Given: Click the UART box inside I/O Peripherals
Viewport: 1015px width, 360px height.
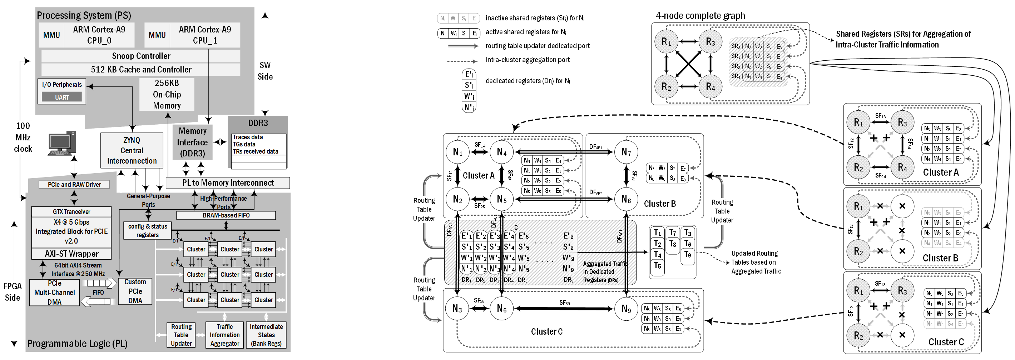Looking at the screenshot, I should [x=62, y=97].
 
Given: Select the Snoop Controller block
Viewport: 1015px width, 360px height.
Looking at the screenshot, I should [x=141, y=56].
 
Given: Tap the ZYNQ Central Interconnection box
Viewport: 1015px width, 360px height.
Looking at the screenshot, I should [x=132, y=150].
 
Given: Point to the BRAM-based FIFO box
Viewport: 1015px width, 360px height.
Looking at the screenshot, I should [x=226, y=215].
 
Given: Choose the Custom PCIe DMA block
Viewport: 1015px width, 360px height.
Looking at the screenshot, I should [x=135, y=291].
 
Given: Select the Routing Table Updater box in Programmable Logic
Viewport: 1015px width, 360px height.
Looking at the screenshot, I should [x=181, y=335].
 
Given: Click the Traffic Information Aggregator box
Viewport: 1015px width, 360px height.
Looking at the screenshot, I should [x=224, y=335].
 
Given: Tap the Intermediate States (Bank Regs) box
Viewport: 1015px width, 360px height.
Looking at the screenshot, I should [x=266, y=335].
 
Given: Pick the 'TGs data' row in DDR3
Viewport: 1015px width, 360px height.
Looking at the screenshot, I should [x=258, y=144].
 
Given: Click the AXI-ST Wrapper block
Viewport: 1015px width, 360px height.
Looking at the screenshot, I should [x=71, y=254].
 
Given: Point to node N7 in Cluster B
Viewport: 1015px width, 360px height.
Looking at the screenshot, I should [x=626, y=152].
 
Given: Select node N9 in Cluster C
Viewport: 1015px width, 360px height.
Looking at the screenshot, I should [x=626, y=309].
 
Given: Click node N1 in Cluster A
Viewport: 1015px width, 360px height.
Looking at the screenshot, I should [x=457, y=152].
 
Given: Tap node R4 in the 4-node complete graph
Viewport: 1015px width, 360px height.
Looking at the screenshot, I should [x=710, y=87].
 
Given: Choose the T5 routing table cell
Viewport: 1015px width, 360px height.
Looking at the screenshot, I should [x=657, y=266].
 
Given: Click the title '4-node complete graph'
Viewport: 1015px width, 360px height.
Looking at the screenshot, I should [x=700, y=16].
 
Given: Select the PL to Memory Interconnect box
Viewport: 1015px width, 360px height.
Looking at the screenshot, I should [x=228, y=183].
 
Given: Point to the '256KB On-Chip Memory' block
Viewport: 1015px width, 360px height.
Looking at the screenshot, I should [x=167, y=95].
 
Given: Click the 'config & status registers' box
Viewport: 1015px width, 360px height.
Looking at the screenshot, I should [x=147, y=230].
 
